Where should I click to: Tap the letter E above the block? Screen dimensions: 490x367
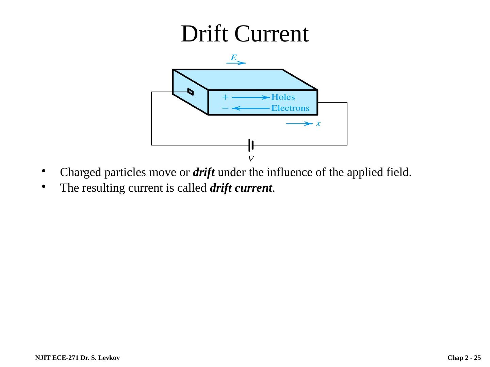[234, 57]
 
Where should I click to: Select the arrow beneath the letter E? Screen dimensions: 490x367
[236, 63]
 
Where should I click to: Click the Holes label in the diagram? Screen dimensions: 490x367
[283, 97]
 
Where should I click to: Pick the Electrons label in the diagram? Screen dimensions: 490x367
[290, 108]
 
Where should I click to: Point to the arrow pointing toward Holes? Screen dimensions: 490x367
[251, 98]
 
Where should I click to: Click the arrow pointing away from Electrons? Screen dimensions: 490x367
[251, 108]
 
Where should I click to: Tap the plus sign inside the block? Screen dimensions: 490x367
[225, 97]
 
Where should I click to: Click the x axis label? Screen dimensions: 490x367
[318, 124]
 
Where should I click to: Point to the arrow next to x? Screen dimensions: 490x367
[299, 124]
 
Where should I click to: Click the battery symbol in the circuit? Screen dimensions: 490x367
[251, 145]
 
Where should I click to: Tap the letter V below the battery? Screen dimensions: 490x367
[251, 159]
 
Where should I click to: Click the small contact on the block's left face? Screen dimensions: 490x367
[191, 92]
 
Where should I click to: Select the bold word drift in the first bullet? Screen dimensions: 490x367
[203, 173]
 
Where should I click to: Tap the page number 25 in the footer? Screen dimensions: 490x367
[477, 358]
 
